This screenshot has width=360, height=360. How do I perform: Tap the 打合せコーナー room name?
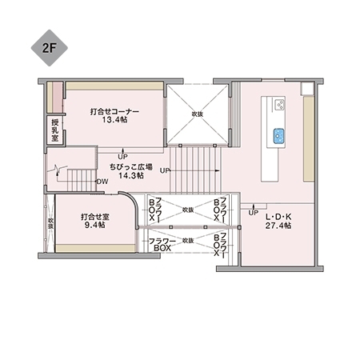point(115,111)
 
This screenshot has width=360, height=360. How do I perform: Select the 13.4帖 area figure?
point(115,121)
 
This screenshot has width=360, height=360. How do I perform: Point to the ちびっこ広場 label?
point(131,165)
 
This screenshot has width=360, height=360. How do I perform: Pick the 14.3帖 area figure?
point(130,174)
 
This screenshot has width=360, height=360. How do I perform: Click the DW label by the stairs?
point(102,182)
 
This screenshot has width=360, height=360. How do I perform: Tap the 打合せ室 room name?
point(94,217)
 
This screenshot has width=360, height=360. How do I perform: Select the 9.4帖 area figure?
point(94,226)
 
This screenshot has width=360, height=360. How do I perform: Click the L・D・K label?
point(278,217)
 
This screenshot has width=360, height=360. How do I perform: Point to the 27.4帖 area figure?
point(278,226)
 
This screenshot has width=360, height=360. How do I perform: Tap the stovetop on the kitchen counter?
point(279,104)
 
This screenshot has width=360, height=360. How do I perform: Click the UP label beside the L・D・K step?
point(253,213)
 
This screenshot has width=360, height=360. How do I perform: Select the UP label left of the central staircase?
point(164,170)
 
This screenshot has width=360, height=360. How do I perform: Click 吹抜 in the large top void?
point(197,114)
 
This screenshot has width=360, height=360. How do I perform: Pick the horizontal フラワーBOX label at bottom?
point(162,244)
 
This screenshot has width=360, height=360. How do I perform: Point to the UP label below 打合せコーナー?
point(122,156)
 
